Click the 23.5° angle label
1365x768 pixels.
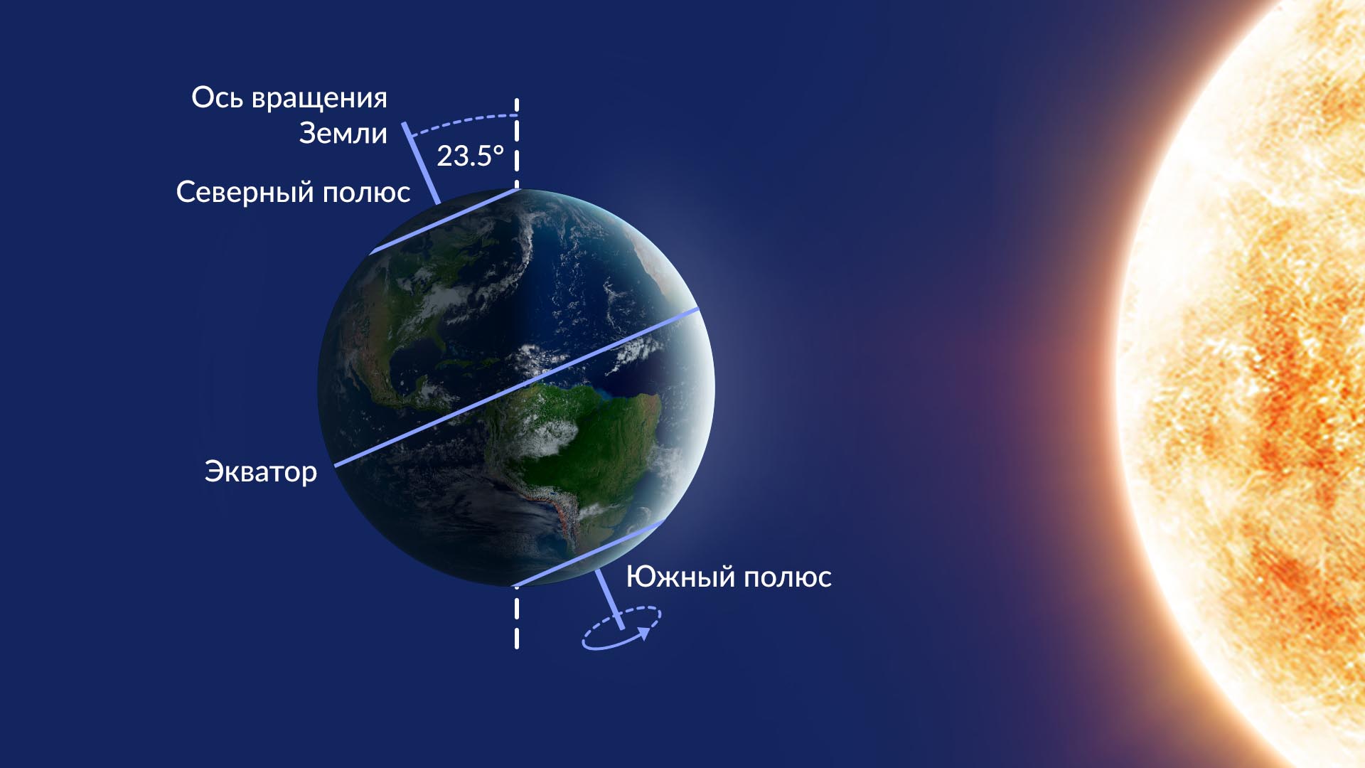470,156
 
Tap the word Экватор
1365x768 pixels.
261,472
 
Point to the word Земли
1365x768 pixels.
343,133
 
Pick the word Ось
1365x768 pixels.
217,97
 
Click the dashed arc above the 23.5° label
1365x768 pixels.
462,120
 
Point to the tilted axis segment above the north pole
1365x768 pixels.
421,163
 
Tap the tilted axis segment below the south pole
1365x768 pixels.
609,599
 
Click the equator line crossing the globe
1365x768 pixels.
517,388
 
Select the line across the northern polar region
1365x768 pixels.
444,220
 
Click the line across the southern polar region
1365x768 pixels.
589,553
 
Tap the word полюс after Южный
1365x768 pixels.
788,577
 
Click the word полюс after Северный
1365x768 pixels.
366,193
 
